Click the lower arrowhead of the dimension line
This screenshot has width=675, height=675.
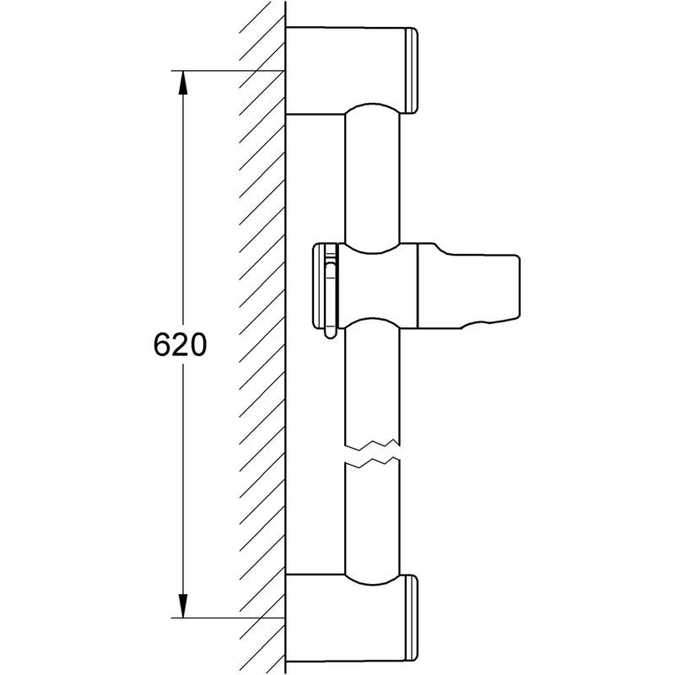pos(181,606)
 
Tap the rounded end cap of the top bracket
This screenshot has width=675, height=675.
pos(413,71)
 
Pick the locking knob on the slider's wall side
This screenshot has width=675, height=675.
pos(327,287)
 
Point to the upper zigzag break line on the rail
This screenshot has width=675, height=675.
pos(371,443)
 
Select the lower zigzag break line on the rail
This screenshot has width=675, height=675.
pos(371,463)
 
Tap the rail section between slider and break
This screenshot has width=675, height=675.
pos(371,380)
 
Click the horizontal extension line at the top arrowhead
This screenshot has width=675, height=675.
pos(228,70)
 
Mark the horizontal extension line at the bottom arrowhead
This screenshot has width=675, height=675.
pos(228,618)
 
